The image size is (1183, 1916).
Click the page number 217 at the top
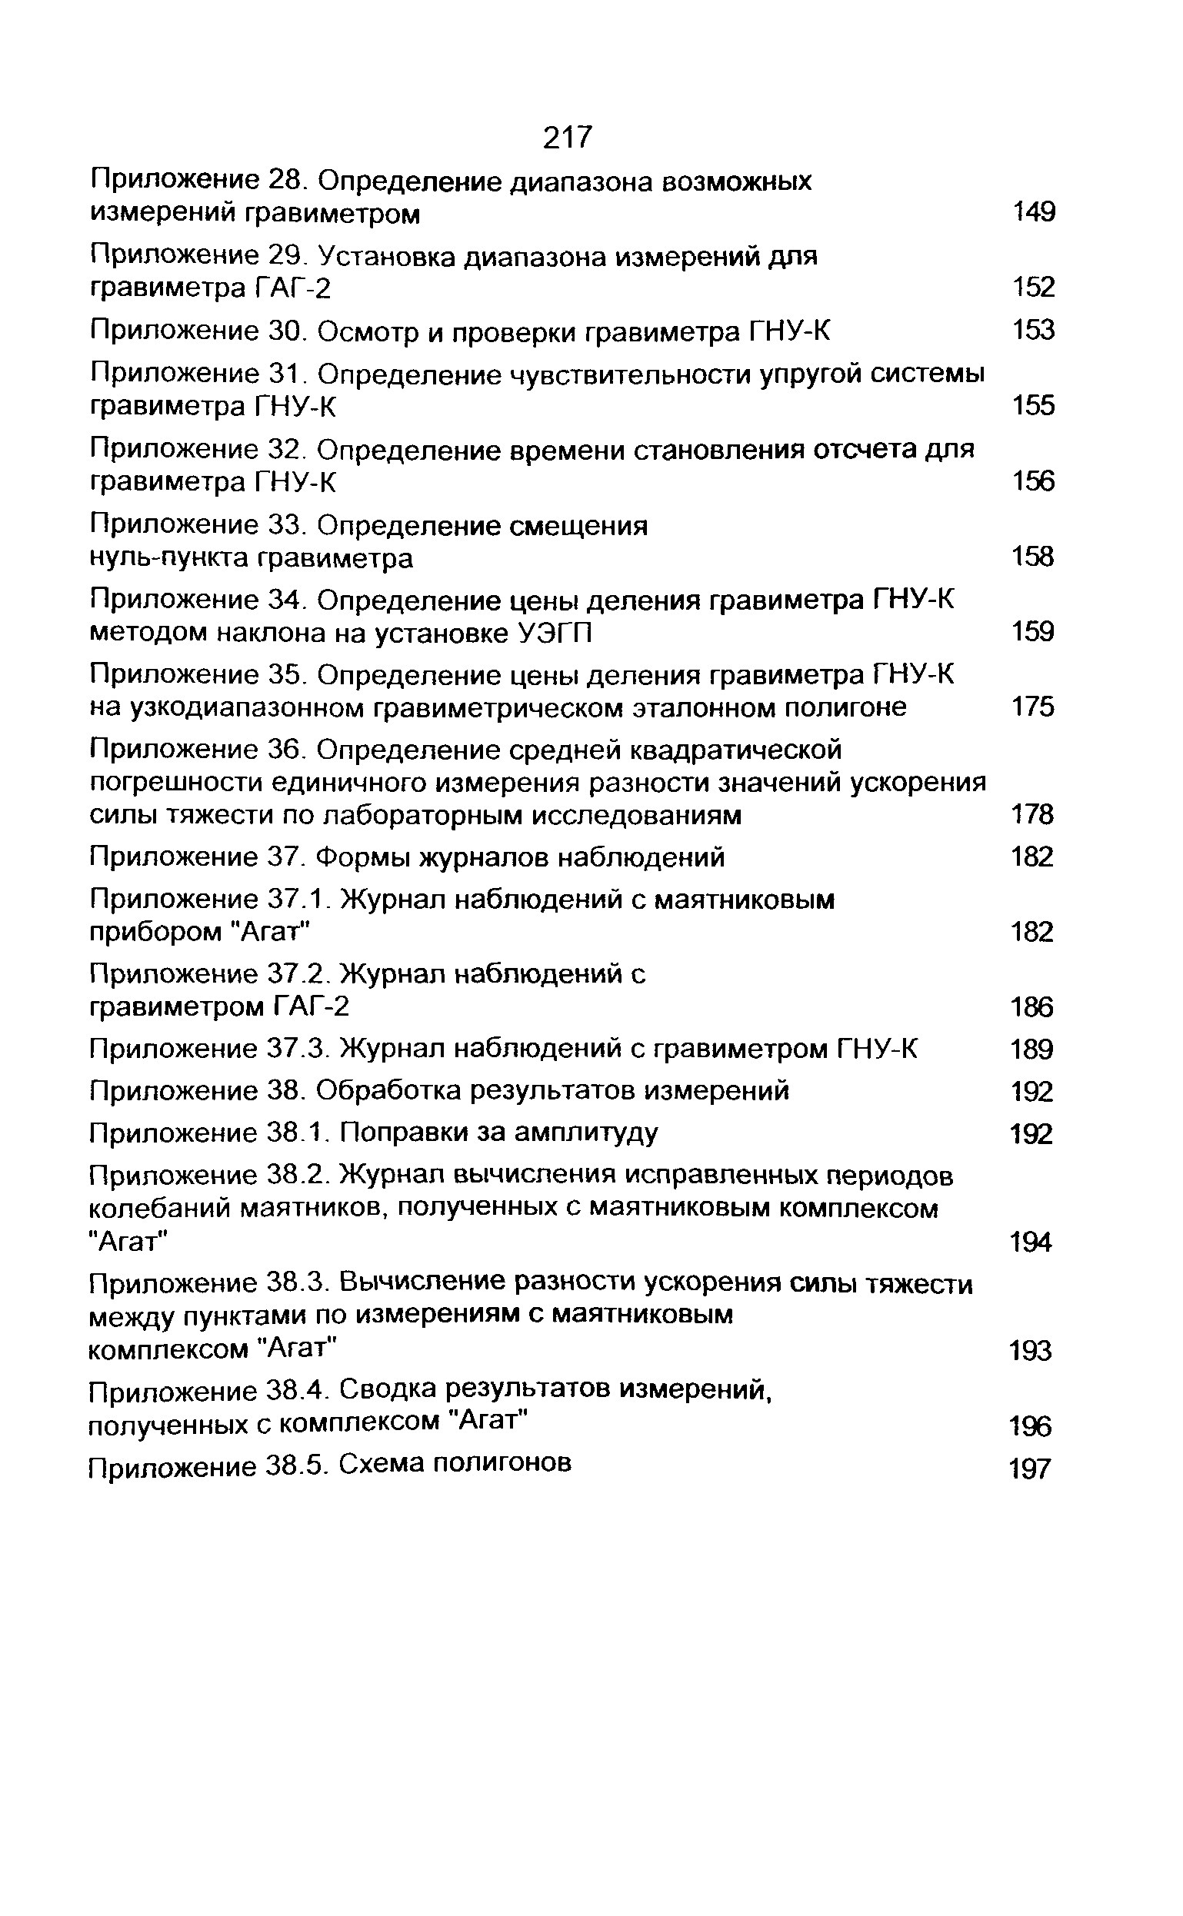point(568,138)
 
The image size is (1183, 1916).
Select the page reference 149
point(1033,212)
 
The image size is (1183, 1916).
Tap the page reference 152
point(1033,288)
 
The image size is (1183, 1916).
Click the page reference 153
point(1033,330)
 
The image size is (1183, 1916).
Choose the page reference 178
point(1033,815)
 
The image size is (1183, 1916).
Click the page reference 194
point(1031,1242)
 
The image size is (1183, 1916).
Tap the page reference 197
point(1030,1469)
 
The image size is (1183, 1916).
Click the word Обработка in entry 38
point(386,1090)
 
